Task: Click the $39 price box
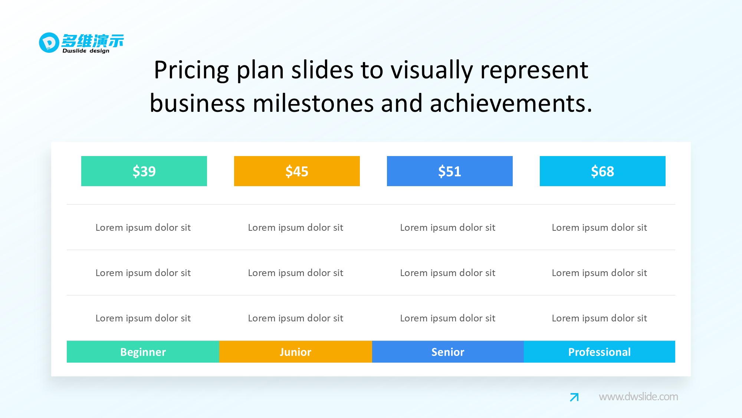(x=144, y=171)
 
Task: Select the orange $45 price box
(x=297, y=171)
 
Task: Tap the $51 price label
(x=450, y=171)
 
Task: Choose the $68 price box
(x=603, y=171)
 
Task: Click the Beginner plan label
(x=143, y=351)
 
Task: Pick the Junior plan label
(x=295, y=351)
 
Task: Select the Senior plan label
(x=448, y=351)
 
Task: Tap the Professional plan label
(x=600, y=351)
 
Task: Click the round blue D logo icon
(x=49, y=42)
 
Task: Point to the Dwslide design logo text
(x=86, y=51)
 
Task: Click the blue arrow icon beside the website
(x=574, y=397)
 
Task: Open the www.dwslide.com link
(x=638, y=397)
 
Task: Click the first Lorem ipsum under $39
(x=143, y=227)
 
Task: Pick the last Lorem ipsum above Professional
(x=599, y=318)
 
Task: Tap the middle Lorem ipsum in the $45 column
(x=295, y=273)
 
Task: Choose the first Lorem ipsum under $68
(x=599, y=227)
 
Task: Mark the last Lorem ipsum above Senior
(x=447, y=318)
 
